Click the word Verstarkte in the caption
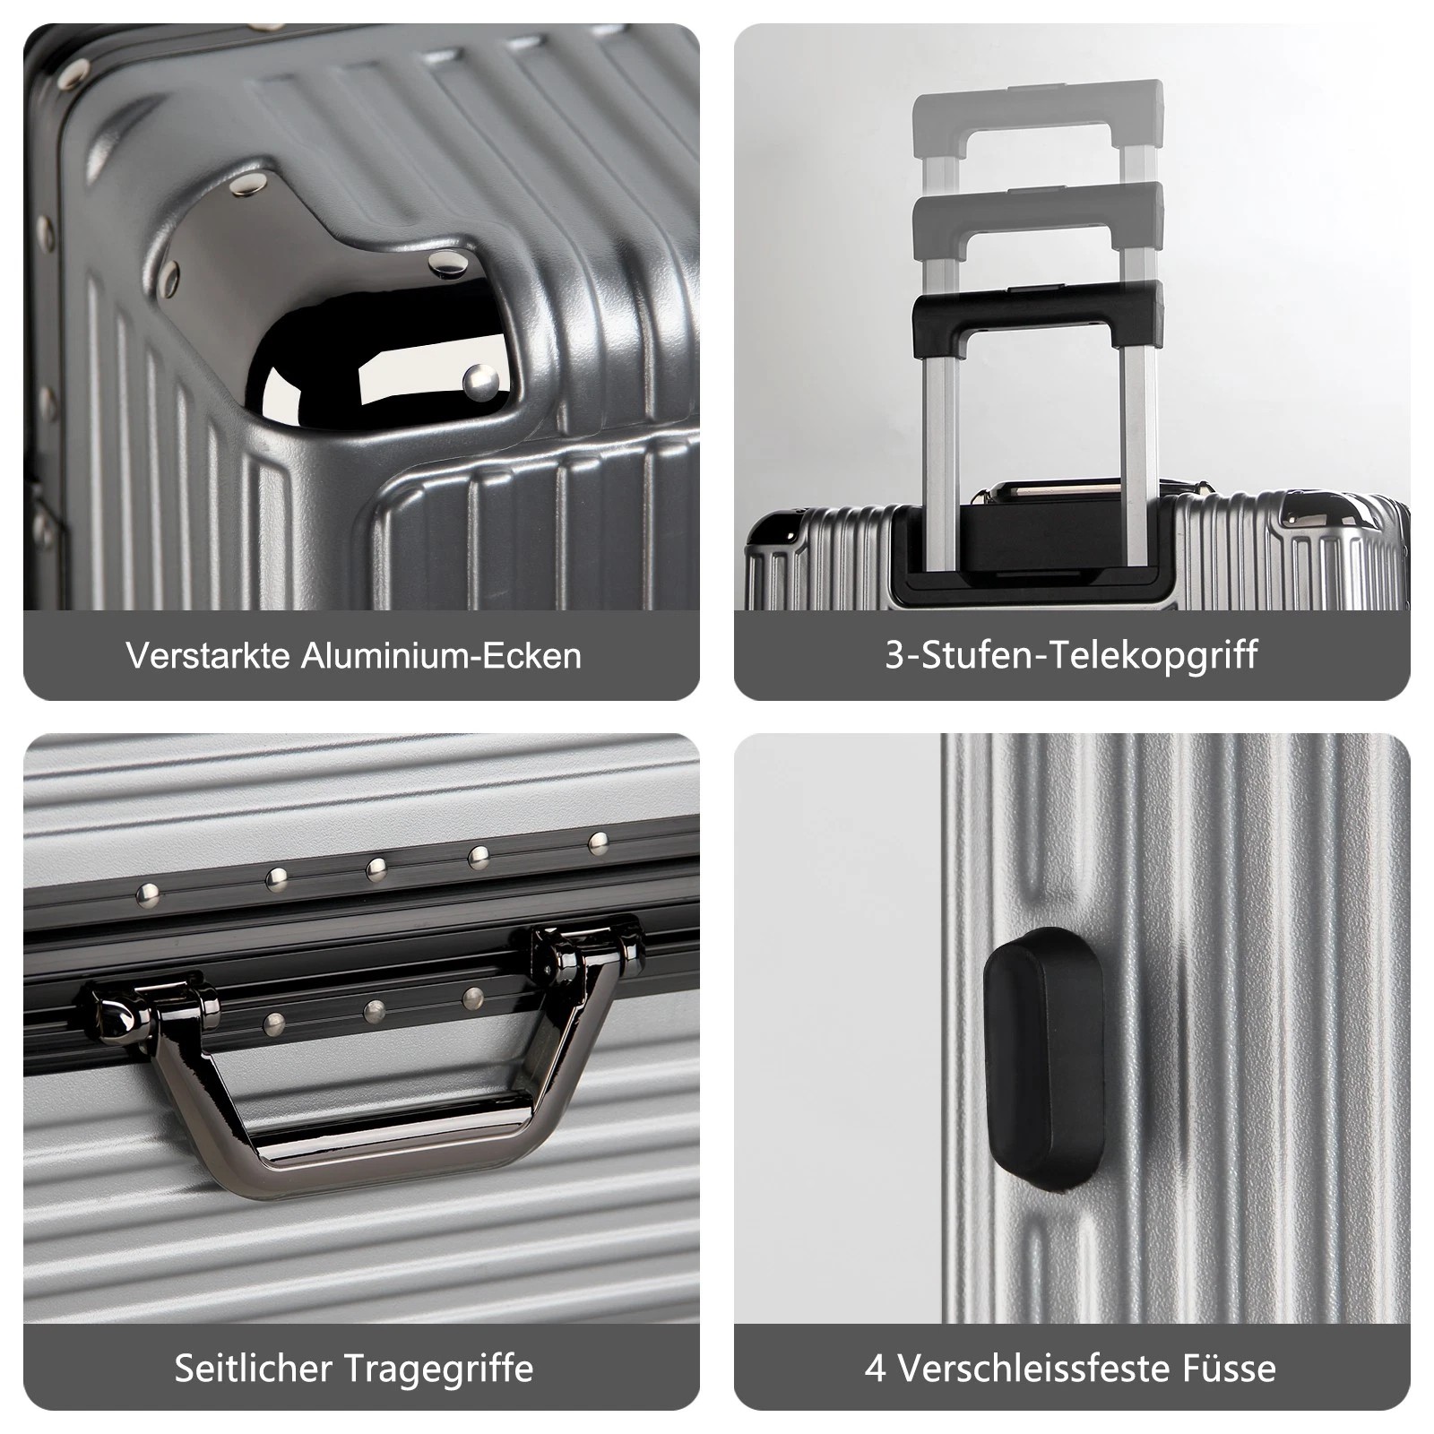208,655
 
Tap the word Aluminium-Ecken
441,655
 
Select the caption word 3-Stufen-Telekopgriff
1071,655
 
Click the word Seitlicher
254,1369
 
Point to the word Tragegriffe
438,1369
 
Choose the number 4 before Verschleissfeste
875,1369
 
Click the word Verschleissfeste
1042,1369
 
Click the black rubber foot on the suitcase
1042,1059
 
